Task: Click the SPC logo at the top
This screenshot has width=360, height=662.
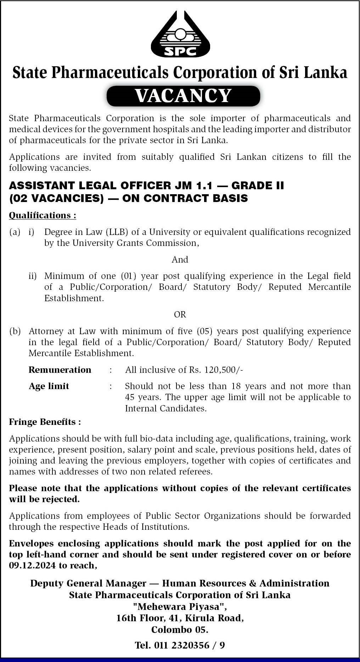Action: pyautogui.click(x=180, y=34)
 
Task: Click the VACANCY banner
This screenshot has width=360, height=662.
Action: pyautogui.click(x=183, y=96)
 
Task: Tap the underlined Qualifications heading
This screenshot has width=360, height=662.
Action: pyautogui.click(x=42, y=215)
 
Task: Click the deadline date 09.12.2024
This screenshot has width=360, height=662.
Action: pyautogui.click(x=32, y=565)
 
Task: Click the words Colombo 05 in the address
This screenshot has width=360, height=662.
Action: pyautogui.click(x=180, y=629)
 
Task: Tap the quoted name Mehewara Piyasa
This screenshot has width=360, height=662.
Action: pyautogui.click(x=180, y=606)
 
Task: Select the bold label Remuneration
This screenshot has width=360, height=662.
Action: pyautogui.click(x=60, y=370)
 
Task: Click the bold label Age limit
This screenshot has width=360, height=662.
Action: pyautogui.click(x=49, y=386)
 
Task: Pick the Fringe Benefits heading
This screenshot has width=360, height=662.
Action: pyautogui.click(x=45, y=422)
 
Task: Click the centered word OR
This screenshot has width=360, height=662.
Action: pyautogui.click(x=180, y=314)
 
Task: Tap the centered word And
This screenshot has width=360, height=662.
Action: pyautogui.click(x=180, y=259)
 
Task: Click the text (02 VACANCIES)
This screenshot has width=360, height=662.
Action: pyautogui.click(x=56, y=198)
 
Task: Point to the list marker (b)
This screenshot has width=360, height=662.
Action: pyautogui.click(x=15, y=331)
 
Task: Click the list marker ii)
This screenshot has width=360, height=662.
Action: pyautogui.click(x=33, y=276)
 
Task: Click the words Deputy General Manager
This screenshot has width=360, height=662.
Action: pyautogui.click(x=88, y=583)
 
